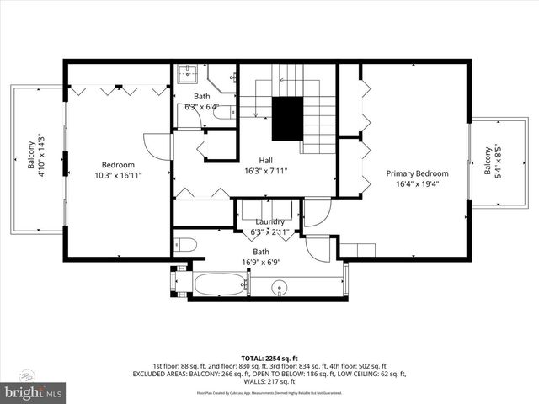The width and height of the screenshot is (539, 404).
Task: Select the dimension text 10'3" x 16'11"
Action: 118,176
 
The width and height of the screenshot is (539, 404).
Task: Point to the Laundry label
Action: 269,221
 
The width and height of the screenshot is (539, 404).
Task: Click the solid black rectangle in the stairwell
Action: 286,120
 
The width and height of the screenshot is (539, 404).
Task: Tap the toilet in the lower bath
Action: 185,246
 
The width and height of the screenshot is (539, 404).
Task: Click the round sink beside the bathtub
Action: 279,287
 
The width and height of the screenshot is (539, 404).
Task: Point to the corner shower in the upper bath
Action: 223,78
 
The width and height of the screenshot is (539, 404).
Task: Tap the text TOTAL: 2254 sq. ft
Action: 269,357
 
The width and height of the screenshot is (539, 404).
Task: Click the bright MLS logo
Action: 34,392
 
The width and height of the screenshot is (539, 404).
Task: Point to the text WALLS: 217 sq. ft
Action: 269,381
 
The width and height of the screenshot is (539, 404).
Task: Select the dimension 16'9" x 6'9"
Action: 262,262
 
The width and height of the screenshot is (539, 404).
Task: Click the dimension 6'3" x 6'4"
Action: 202,107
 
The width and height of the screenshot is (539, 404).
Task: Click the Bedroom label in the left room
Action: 118,165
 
